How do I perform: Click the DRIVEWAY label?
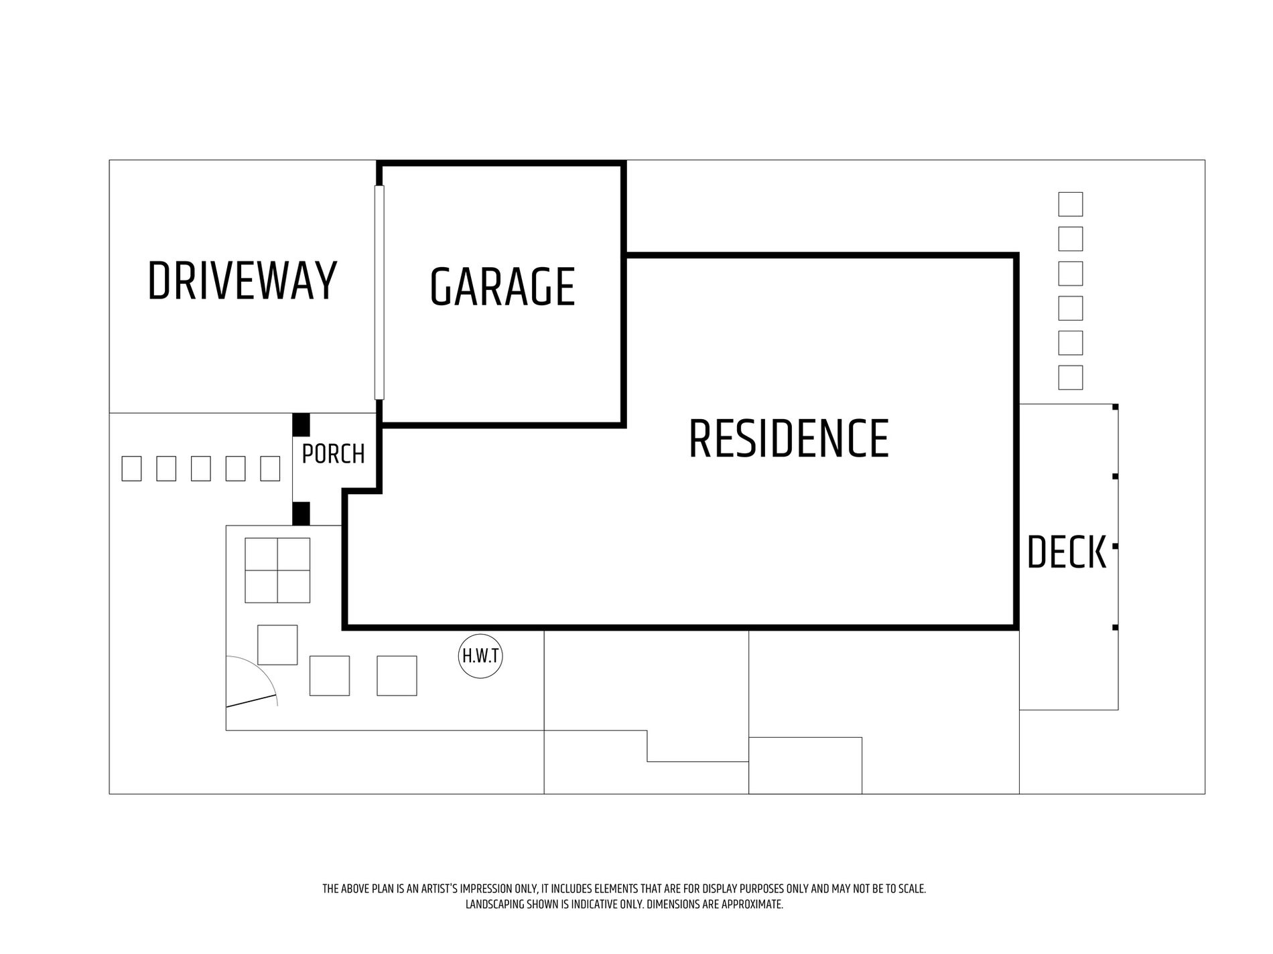[x=242, y=281]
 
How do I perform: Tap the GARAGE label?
[x=503, y=287]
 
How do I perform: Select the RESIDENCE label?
[x=789, y=439]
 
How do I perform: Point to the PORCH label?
[x=333, y=454]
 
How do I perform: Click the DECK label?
[x=1066, y=552]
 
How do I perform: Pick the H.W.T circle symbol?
[x=480, y=656]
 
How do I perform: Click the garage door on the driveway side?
[x=379, y=292]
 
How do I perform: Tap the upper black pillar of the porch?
[x=301, y=424]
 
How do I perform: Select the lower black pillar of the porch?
[x=301, y=513]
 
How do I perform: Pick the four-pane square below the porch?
[x=277, y=570]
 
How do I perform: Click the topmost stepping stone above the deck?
[x=1071, y=204]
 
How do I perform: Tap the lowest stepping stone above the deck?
[x=1071, y=378]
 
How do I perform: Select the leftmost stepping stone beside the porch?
[x=131, y=469]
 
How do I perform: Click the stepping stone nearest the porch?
[x=270, y=469]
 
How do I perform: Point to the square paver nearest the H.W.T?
[x=397, y=675]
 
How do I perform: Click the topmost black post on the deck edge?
[x=1116, y=407]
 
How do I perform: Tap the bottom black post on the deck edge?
[x=1116, y=627]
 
